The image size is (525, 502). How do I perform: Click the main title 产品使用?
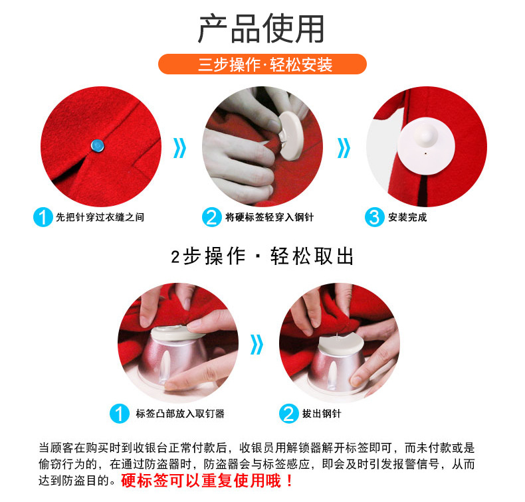(x=261, y=29)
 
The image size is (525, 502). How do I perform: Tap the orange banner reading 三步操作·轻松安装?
(x=262, y=64)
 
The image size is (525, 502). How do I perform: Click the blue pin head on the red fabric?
(x=98, y=146)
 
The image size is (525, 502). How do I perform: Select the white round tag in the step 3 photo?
(x=426, y=146)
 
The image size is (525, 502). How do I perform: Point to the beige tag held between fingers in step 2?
(x=290, y=135)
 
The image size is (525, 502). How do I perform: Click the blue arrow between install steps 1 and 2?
(x=180, y=148)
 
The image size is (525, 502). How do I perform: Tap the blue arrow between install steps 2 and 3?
(x=344, y=148)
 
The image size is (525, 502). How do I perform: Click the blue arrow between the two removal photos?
(x=257, y=345)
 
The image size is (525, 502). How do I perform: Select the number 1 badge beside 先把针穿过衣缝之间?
(x=43, y=217)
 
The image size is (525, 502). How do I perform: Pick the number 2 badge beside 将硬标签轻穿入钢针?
(x=211, y=217)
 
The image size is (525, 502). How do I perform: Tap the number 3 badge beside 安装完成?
(x=374, y=217)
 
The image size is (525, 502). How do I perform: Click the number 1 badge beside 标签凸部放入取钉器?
(x=120, y=414)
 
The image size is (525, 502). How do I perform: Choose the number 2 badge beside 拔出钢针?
(x=288, y=414)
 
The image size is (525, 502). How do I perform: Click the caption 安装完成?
(x=407, y=217)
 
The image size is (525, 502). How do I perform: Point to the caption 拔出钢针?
(x=322, y=414)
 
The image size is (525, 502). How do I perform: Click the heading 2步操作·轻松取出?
(x=262, y=256)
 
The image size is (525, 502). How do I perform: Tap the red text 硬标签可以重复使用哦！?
(x=207, y=481)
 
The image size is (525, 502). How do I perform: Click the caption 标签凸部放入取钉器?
(x=180, y=414)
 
